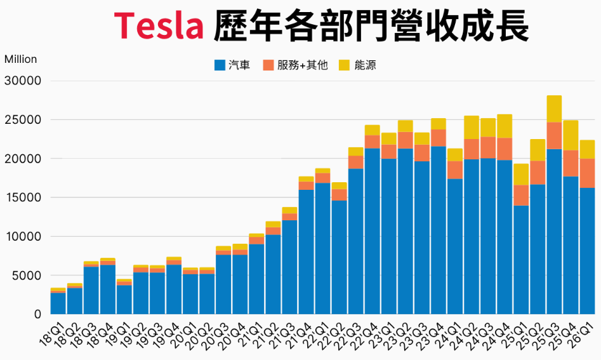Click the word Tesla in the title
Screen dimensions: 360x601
[x=159, y=25]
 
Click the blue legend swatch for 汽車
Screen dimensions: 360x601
[x=220, y=65]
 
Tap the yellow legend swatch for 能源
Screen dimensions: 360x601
[x=344, y=65]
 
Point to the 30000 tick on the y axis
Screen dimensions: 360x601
[x=22, y=81]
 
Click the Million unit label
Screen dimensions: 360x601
[x=21, y=59]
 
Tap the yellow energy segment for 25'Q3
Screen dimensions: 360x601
[x=554, y=109]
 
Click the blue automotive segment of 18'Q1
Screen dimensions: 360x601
[x=58, y=303]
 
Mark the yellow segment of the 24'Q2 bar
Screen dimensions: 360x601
[x=472, y=127]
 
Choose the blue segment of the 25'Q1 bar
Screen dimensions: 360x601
[x=521, y=260]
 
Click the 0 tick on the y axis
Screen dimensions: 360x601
[x=36, y=314]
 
